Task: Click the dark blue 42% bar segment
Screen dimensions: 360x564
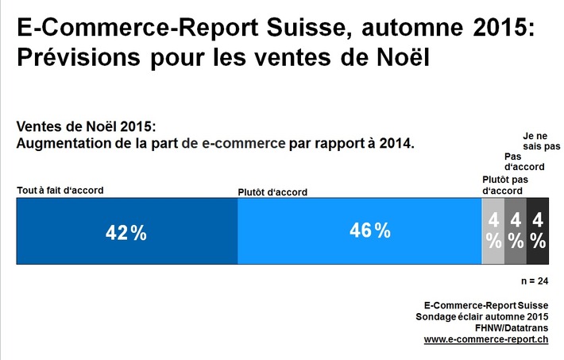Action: pos(127,231)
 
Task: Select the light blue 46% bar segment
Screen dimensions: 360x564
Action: pos(360,231)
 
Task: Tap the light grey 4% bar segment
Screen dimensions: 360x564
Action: pos(493,231)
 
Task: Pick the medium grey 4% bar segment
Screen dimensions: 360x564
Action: pos(516,231)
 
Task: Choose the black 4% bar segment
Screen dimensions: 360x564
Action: pos(538,231)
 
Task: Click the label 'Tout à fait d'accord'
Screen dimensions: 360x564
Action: pos(60,190)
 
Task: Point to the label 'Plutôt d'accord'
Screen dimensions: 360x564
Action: pos(272,192)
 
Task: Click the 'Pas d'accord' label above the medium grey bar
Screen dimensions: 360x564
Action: pos(524,161)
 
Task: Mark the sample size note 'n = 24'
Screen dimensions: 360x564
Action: pos(533,281)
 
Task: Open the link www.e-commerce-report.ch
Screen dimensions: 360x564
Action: pos(485,339)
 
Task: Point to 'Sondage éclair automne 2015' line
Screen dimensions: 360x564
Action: pos(482,316)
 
